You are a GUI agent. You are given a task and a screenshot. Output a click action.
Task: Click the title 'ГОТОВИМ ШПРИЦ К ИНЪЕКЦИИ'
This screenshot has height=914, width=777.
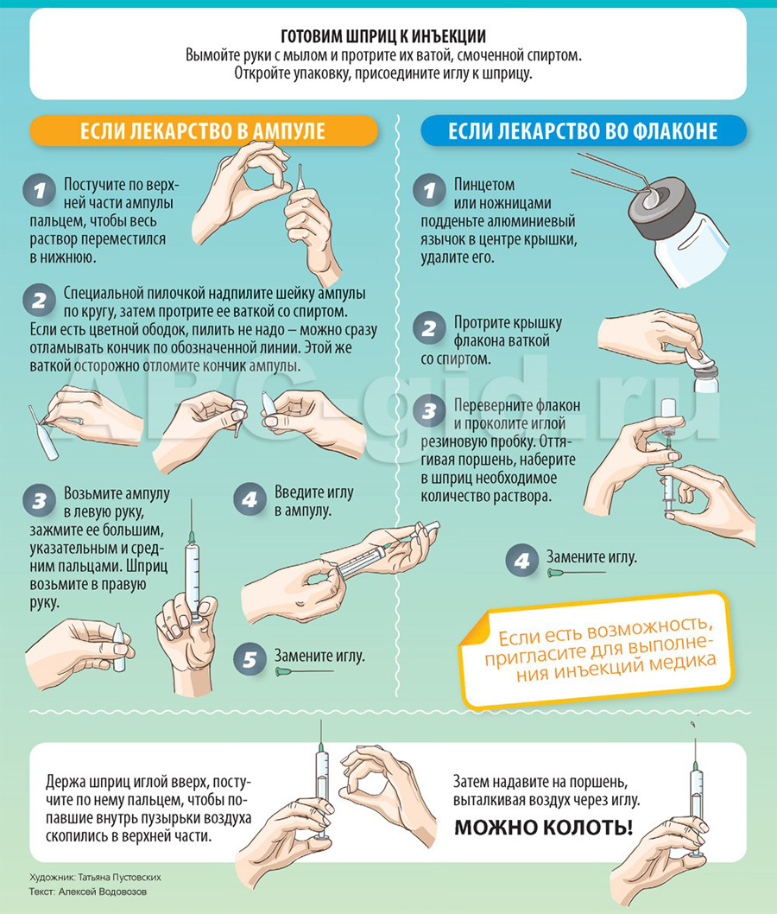383,37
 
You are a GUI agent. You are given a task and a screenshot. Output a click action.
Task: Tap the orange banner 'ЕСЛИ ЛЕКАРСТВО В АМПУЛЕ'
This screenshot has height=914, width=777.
203,130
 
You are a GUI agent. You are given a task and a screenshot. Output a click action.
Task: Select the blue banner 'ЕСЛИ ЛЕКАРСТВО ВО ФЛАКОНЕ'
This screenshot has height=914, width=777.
583,130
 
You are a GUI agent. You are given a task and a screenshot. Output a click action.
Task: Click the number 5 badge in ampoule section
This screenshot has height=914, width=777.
250,659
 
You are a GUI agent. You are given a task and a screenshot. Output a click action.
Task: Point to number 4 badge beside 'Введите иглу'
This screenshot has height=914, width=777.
250,499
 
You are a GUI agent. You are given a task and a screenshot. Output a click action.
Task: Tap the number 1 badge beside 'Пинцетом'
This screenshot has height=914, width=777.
429,190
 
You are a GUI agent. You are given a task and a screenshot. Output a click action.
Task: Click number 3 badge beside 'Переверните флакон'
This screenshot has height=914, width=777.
429,411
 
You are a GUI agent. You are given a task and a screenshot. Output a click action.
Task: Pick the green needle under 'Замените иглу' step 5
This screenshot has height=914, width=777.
304,672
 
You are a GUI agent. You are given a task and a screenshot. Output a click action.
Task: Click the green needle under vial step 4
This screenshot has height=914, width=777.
577,573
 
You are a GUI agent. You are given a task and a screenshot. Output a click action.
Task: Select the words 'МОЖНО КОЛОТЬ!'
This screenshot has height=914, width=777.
543,827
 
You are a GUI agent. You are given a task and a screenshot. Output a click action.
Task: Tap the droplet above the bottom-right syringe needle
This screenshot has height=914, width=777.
692,725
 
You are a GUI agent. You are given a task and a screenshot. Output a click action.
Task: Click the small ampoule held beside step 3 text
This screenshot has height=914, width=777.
119,647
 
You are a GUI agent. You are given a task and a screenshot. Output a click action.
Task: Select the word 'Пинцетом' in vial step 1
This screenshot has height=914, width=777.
484,185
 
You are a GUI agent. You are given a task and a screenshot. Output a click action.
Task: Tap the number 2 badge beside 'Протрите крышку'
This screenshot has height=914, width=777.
429,328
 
